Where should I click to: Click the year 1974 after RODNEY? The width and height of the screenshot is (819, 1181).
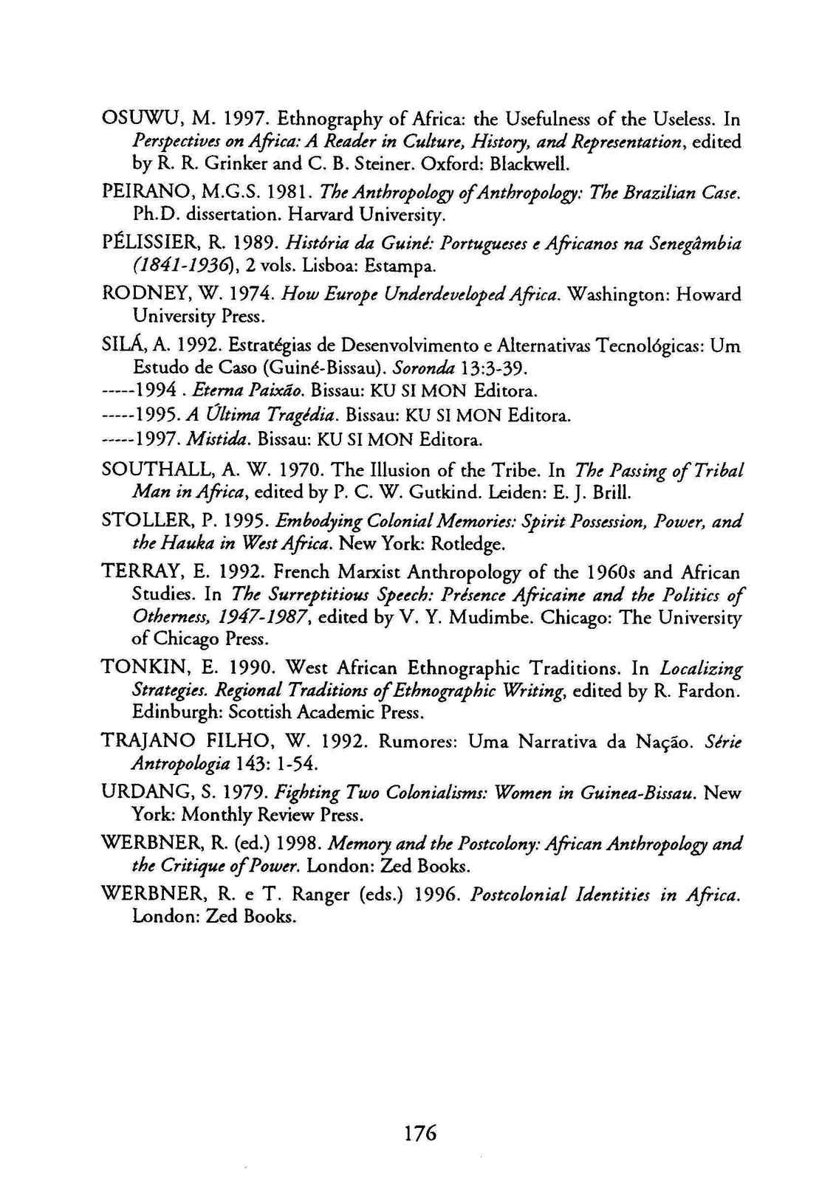click(222, 295)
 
